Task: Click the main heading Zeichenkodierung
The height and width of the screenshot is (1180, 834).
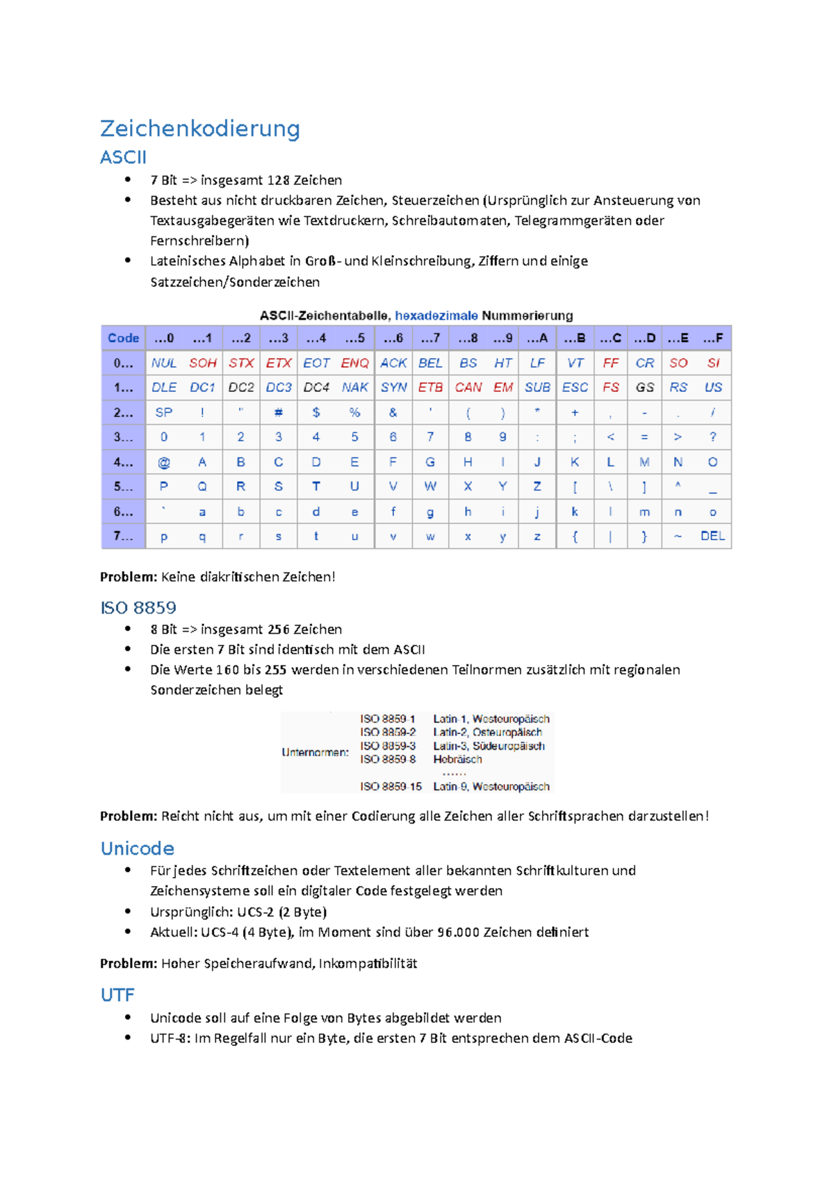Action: point(200,129)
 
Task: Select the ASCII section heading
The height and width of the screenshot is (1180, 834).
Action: point(123,158)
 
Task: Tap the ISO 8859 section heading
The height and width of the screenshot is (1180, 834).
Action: point(138,607)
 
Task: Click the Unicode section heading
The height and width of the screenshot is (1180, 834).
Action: point(137,849)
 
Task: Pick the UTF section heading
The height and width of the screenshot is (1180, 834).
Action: point(117,995)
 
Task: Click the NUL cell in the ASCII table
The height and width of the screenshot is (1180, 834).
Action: point(164,363)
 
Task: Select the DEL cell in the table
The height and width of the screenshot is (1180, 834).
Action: point(712,536)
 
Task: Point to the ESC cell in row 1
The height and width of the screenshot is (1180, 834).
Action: point(575,387)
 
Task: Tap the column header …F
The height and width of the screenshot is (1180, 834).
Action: point(712,338)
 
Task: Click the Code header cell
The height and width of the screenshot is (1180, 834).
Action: point(123,338)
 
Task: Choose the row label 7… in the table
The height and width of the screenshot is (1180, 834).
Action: point(123,536)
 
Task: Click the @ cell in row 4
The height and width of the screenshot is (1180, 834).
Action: point(164,462)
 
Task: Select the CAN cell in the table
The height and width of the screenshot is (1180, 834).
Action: point(468,387)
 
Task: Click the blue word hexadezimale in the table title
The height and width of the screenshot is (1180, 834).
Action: point(436,316)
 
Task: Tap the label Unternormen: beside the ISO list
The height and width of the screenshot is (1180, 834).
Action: point(315,752)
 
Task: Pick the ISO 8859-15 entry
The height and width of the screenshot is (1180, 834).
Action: point(391,787)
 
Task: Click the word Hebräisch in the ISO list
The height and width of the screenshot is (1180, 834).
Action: point(457,760)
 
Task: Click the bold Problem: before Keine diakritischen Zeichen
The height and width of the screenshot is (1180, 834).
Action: point(129,577)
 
